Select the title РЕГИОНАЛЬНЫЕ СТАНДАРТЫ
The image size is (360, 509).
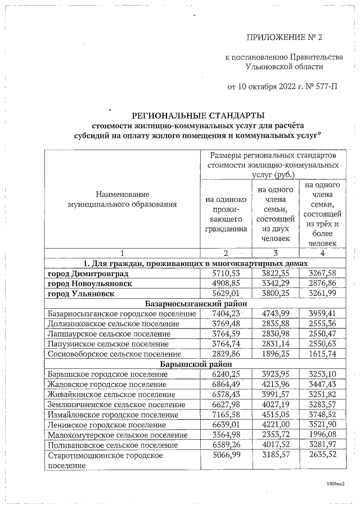point(194,115)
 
